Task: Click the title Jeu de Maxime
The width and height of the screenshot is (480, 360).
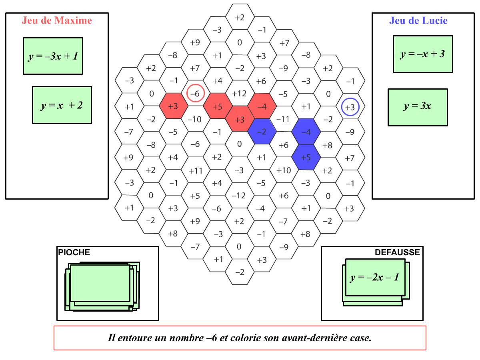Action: click(57, 20)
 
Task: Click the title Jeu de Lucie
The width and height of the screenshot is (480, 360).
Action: click(418, 20)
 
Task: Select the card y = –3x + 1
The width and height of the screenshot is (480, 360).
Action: click(53, 56)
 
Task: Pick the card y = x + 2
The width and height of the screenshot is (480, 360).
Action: click(62, 105)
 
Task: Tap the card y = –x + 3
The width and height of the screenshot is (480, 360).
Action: click(423, 54)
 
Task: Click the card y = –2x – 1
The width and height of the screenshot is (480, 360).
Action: click(375, 278)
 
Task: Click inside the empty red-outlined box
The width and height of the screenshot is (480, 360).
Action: click(240, 338)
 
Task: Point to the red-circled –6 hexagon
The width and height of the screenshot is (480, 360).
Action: click(196, 93)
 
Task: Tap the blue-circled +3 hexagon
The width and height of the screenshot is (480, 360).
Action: click(350, 107)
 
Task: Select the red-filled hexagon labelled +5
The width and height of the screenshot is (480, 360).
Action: click(218, 106)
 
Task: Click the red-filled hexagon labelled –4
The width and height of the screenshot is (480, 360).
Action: click(262, 106)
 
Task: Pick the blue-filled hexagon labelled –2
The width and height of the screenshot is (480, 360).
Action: click(262, 132)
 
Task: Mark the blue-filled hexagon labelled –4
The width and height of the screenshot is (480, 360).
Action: click(306, 132)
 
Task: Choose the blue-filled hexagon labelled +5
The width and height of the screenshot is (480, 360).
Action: click(306, 157)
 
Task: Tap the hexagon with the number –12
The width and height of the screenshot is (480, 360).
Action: click(239, 196)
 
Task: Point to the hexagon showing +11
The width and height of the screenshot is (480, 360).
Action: click(196, 171)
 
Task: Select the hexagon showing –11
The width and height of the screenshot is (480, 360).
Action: click(283, 119)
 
